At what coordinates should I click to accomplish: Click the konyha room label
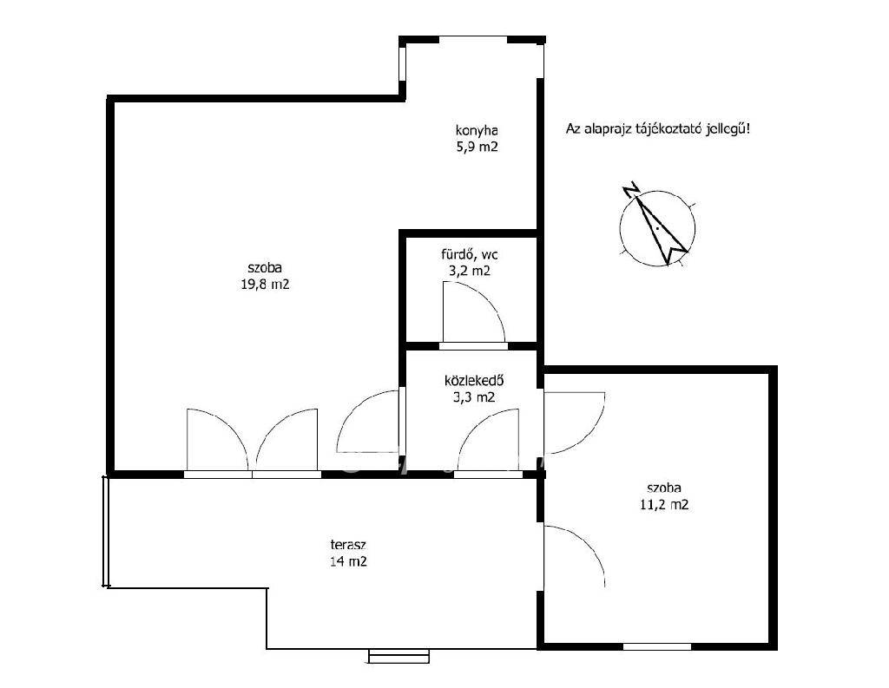pos(477,131)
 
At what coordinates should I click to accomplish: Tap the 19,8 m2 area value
pos(266,285)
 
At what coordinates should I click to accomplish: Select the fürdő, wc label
pos(470,254)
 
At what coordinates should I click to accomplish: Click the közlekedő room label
pos(475,380)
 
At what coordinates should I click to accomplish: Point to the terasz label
pos(348,545)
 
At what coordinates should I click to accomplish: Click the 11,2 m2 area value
pos(664,504)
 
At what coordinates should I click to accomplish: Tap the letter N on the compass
pos(630,189)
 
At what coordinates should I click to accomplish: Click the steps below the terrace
pos(399,656)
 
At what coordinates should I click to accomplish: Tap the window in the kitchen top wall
pos(473,39)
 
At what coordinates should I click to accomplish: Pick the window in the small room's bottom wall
pos(657,646)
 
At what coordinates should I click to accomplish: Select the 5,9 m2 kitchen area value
pos(477,147)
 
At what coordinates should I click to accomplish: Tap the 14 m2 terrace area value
pos(348,561)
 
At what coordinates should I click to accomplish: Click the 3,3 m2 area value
pos(474,397)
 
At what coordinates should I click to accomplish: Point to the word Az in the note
pos(572,130)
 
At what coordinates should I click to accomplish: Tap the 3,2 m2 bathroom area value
pos(470,271)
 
